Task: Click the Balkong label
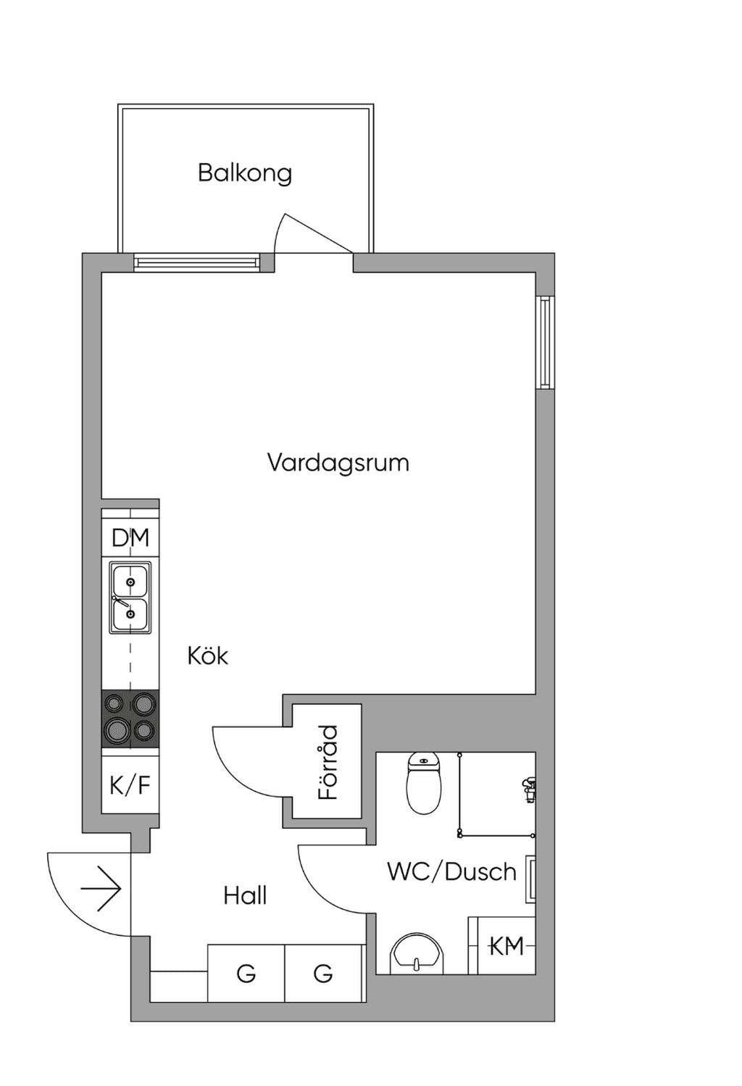tap(245, 173)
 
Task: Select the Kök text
tap(207, 655)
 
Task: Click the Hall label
tap(245, 895)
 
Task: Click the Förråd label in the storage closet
tap(328, 763)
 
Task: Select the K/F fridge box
tap(130, 784)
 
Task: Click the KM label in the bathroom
tap(507, 946)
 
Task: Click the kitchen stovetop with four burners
tap(130, 719)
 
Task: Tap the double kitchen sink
tap(130, 597)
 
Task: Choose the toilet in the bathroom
tap(424, 783)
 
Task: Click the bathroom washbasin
tap(417, 953)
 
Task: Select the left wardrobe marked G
tap(246, 973)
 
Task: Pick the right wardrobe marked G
tap(323, 973)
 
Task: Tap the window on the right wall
tap(546, 342)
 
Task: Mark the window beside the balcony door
tap(197, 262)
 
